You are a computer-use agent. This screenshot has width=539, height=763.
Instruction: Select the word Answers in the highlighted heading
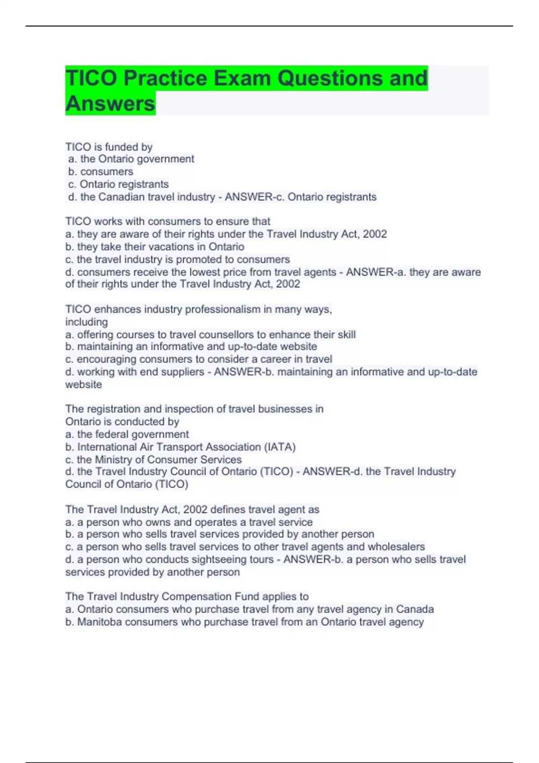pyautogui.click(x=110, y=104)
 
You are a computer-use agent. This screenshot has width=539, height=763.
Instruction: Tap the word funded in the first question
pyautogui.click(x=120, y=147)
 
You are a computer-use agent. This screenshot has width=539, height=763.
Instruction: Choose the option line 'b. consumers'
pyautogui.click(x=101, y=171)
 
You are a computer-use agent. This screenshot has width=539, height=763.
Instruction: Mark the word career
pyautogui.click(x=282, y=359)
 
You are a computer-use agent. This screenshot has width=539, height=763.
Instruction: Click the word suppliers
pyautogui.click(x=183, y=372)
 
